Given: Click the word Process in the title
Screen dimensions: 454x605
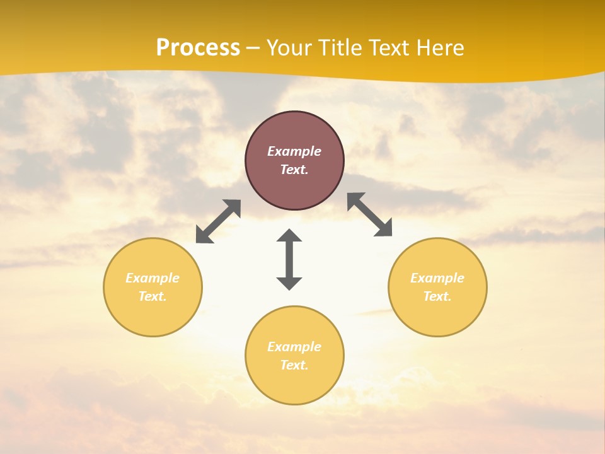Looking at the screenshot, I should pyautogui.click(x=198, y=48).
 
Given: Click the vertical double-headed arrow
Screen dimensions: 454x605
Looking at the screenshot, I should pyautogui.click(x=289, y=259).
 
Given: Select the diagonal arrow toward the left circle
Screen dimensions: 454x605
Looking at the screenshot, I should pyautogui.click(x=218, y=221).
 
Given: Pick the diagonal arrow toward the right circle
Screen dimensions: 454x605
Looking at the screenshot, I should pyautogui.click(x=370, y=214).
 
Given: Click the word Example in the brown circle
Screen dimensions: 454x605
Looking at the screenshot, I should pyautogui.click(x=294, y=151).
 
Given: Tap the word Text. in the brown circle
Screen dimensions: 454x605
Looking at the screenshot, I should pyautogui.click(x=294, y=170).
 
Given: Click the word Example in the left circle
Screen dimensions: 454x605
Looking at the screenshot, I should pyautogui.click(x=153, y=278).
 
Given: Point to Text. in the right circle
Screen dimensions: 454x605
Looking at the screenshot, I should pyautogui.click(x=437, y=296).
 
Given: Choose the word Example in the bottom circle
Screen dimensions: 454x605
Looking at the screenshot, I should pyautogui.click(x=294, y=347).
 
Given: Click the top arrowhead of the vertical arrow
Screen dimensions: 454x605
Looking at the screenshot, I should pyautogui.click(x=289, y=235).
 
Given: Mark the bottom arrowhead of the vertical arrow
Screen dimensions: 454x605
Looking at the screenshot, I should pyautogui.click(x=289, y=283).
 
